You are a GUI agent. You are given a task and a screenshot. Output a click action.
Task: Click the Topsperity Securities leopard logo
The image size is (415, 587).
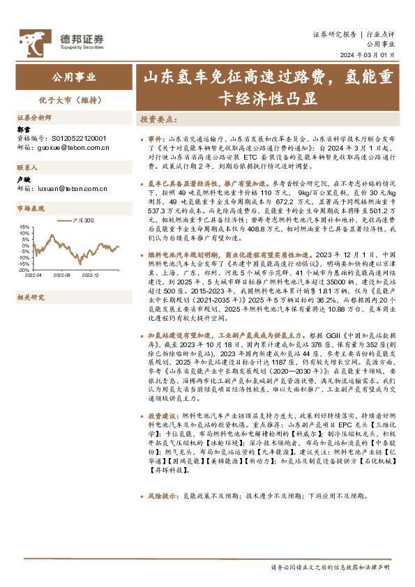coord(32,42)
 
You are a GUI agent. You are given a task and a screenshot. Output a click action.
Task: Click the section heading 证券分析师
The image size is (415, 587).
coord(34,118)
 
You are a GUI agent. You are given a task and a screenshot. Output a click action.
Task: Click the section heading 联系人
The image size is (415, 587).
coord(27,169)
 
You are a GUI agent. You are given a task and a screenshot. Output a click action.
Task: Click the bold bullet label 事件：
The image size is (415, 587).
coord(156,140)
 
